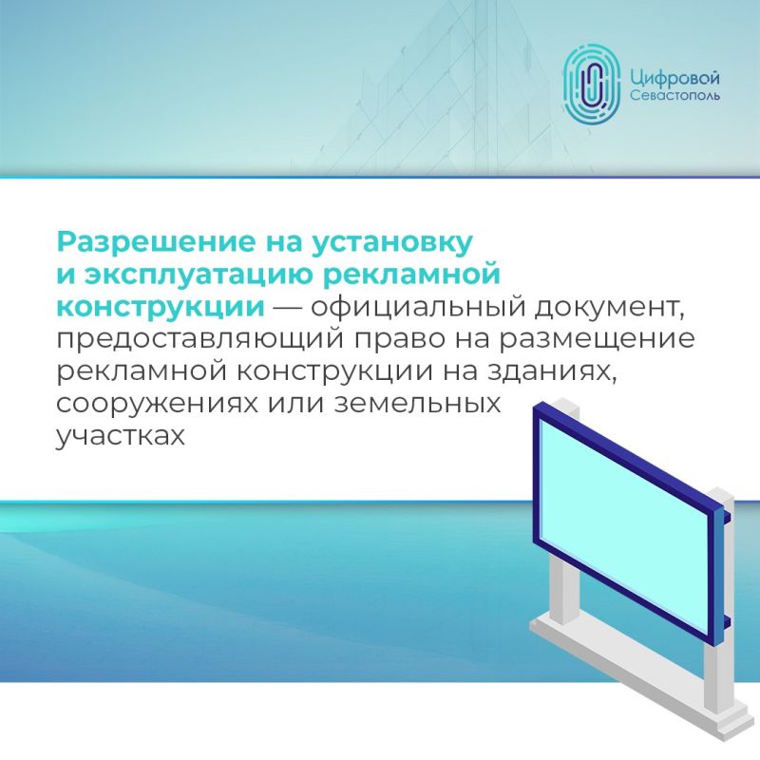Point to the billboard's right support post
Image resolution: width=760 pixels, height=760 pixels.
point(719,608)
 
